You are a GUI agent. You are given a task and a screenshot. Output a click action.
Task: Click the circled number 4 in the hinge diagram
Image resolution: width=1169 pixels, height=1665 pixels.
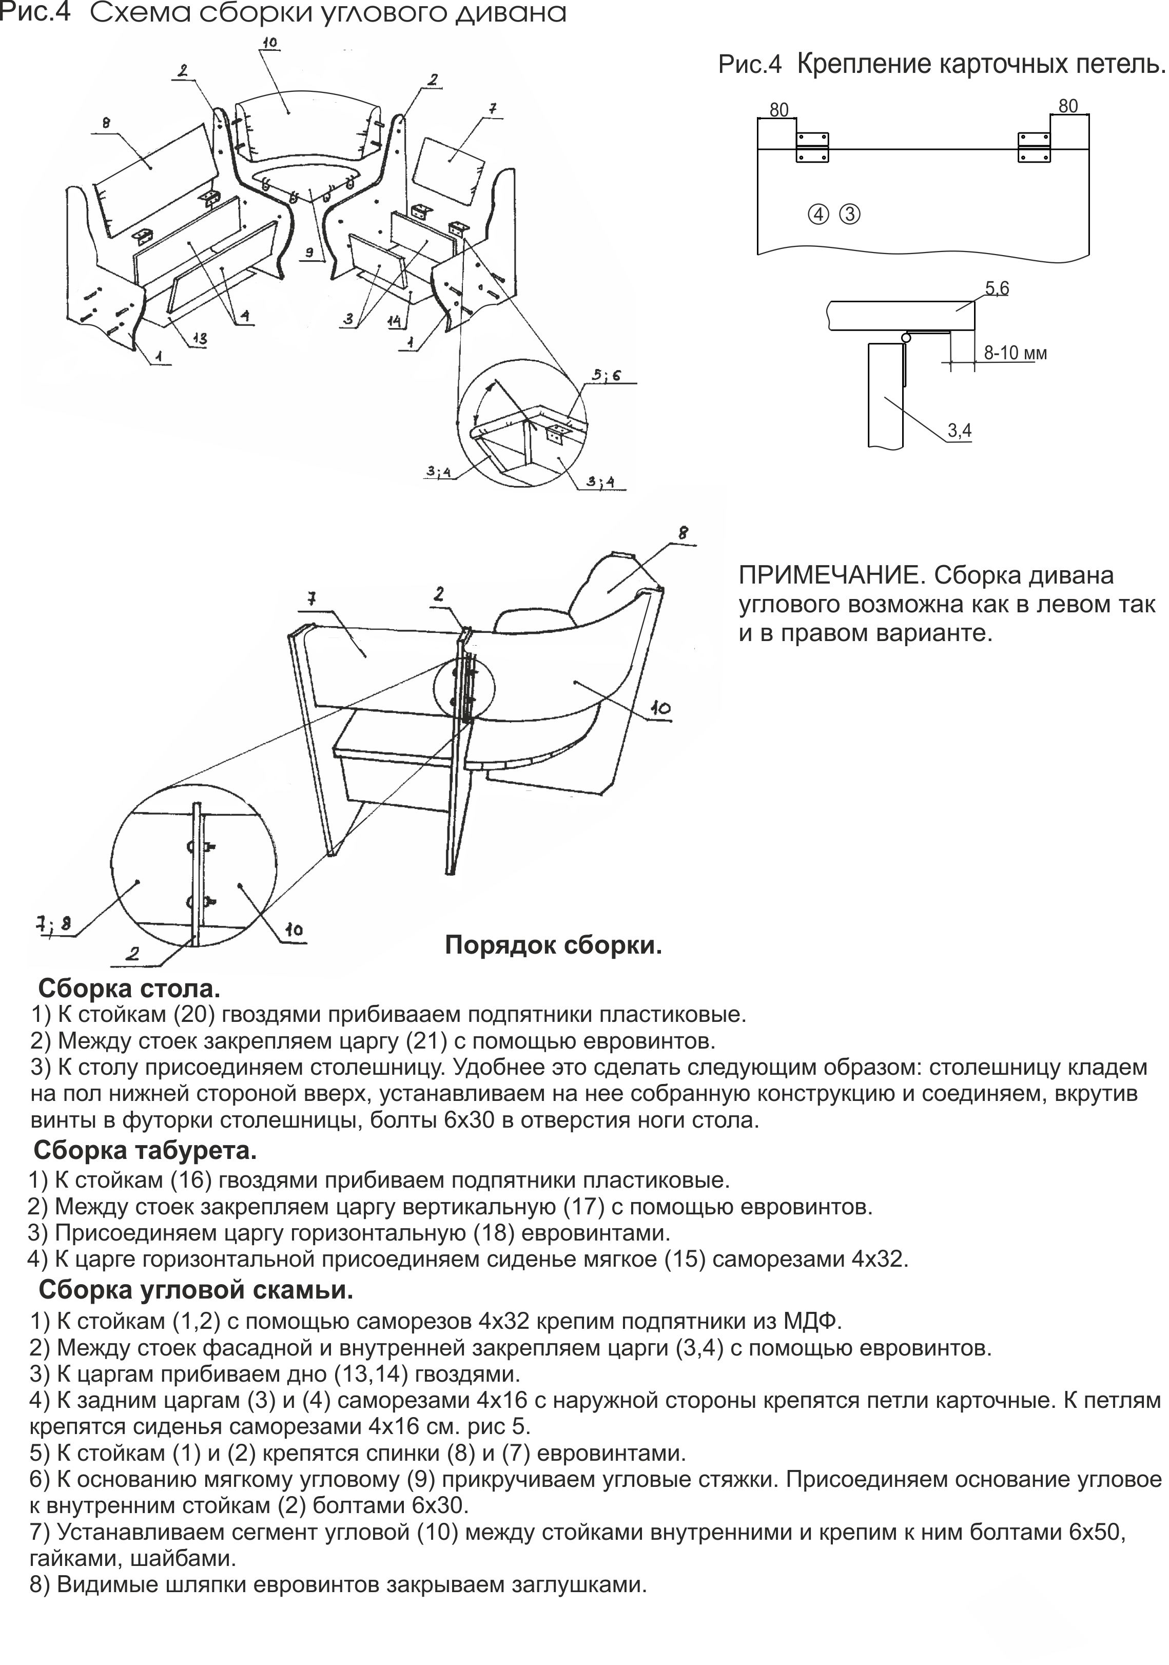(x=818, y=215)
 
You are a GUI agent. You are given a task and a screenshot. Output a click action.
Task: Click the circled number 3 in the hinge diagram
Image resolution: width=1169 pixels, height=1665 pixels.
(x=849, y=215)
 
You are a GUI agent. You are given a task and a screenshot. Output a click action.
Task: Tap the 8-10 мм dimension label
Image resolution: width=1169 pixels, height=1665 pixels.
(x=1015, y=353)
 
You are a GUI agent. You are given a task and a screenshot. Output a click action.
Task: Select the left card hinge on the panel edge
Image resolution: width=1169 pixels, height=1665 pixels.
(x=812, y=147)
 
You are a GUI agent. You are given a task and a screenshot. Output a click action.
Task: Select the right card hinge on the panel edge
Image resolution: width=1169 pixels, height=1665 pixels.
(x=1034, y=147)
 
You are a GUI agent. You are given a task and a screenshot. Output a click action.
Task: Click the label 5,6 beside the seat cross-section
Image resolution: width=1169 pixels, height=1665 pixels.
(x=997, y=288)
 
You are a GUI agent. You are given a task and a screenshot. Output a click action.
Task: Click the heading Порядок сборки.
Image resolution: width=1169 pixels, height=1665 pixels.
(x=553, y=945)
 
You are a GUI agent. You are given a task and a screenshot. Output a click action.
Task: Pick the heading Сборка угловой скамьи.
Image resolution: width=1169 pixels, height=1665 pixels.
(x=196, y=1290)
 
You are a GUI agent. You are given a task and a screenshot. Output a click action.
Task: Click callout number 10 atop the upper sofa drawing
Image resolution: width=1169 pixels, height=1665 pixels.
(x=269, y=44)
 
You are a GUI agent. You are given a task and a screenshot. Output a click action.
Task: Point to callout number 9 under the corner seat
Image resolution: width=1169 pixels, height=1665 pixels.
(x=309, y=253)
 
